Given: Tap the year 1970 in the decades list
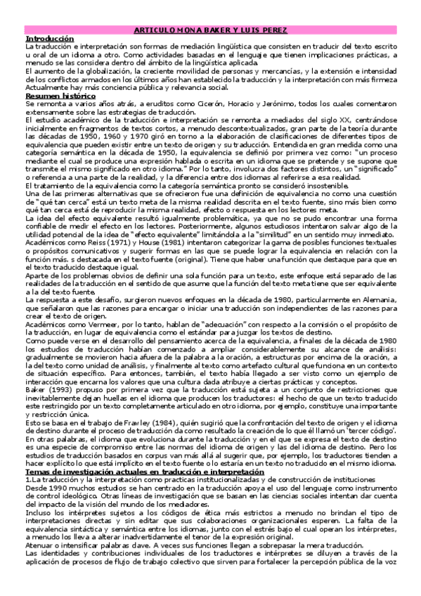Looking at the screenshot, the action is [123, 135].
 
